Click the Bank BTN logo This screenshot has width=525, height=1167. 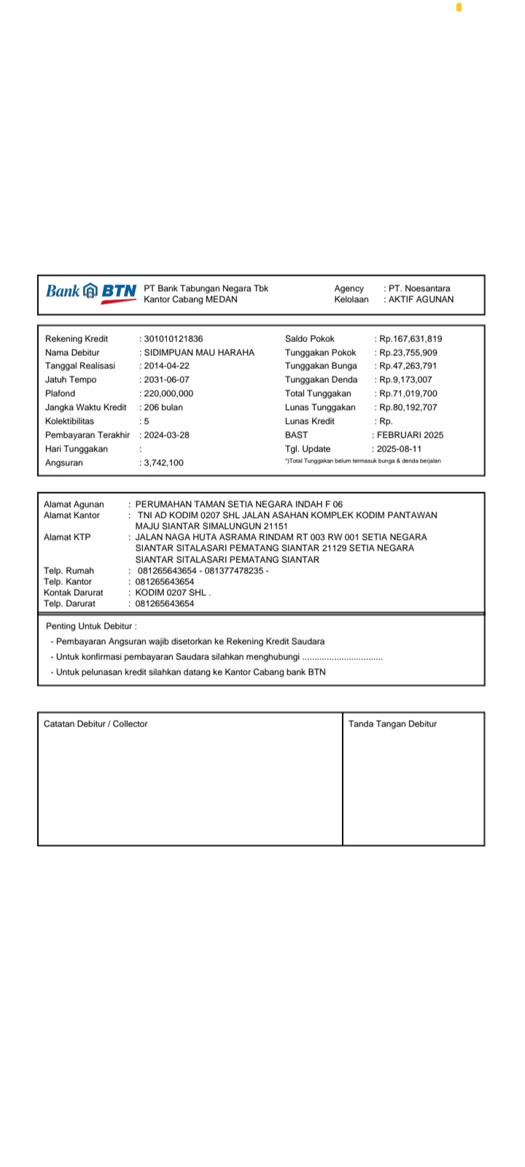pyautogui.click(x=90, y=292)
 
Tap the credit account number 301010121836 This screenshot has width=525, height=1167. pyautogui.click(x=174, y=338)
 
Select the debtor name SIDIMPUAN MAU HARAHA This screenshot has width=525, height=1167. pyautogui.click(x=199, y=352)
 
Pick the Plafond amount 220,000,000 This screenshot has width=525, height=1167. pyautogui.click(x=168, y=394)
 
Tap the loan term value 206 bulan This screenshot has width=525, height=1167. pyautogui.click(x=163, y=408)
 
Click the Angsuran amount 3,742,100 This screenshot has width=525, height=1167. pyautogui.click(x=163, y=463)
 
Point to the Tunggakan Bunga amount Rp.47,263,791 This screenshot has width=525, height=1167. pyautogui.click(x=408, y=366)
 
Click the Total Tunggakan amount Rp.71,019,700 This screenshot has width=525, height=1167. pyautogui.click(x=408, y=394)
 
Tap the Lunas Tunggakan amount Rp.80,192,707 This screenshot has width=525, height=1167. pyautogui.click(x=408, y=408)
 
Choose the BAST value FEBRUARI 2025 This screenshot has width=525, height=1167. pyautogui.click(x=410, y=435)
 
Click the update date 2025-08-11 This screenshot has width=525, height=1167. pyautogui.click(x=399, y=449)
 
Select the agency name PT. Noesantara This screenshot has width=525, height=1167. pyautogui.click(x=419, y=289)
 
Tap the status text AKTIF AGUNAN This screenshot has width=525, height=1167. pyautogui.click(x=421, y=300)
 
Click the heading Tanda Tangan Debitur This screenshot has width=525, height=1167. pyautogui.click(x=392, y=724)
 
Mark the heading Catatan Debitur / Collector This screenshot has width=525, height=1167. pyautogui.click(x=96, y=724)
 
